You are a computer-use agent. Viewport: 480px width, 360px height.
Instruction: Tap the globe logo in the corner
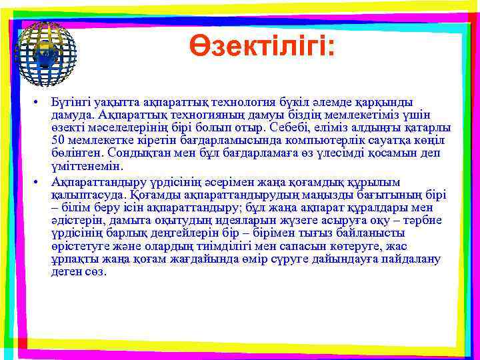46,47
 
